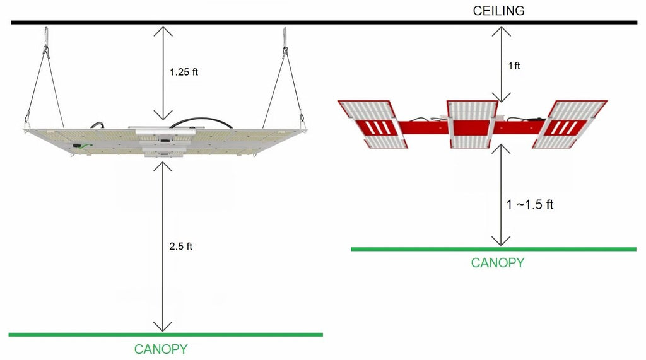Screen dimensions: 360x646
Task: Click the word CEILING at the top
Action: point(498,11)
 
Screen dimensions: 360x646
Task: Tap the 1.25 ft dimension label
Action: point(184,72)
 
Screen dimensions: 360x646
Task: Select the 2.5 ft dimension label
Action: point(180,247)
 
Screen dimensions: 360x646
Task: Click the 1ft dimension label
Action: point(514,66)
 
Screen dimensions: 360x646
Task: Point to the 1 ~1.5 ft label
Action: point(530,204)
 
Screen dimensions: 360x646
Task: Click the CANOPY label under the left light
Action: point(161,349)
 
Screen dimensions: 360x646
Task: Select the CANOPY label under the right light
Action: point(497,263)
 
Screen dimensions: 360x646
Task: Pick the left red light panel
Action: point(373,124)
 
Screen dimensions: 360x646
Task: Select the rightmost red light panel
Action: point(570,124)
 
